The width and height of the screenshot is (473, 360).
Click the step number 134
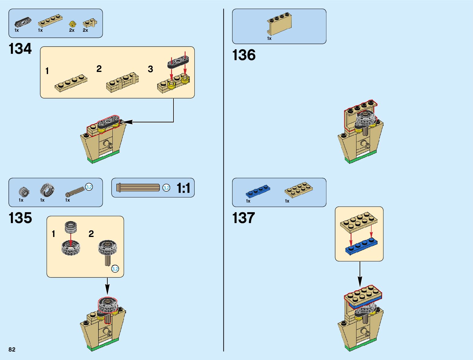(20, 49)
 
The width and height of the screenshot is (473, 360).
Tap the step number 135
(20, 218)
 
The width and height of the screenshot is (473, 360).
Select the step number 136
(244, 55)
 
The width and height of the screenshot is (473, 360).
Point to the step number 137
(243, 218)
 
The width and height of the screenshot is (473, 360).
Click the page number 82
(12, 349)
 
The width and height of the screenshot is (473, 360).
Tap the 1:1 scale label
(183, 188)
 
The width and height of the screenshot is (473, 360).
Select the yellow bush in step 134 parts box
(72, 24)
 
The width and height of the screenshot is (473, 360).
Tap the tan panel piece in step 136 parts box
(279, 24)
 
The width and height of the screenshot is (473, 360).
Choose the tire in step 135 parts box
(47, 190)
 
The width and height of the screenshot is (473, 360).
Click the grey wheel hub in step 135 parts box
(24, 191)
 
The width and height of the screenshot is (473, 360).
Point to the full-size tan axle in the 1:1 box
(138, 187)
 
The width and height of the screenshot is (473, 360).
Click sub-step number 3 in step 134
(150, 69)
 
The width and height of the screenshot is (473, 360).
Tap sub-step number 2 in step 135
(91, 234)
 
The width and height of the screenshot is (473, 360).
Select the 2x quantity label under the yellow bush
(72, 31)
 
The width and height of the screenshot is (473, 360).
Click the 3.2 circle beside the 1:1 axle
(166, 188)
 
